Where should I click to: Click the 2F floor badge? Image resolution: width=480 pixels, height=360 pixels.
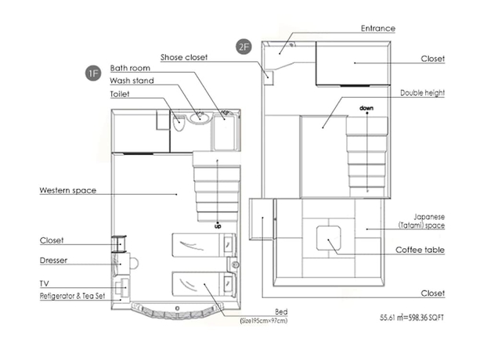(x=244, y=47)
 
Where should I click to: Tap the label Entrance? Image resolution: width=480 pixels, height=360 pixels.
(x=377, y=28)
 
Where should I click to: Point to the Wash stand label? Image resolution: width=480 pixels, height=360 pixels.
(x=132, y=81)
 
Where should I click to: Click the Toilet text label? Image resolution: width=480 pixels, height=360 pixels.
(x=121, y=94)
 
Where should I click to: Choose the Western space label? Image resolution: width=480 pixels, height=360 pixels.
(x=67, y=190)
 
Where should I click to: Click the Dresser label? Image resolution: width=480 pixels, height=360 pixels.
(x=55, y=260)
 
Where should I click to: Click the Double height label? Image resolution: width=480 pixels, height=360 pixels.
(x=422, y=92)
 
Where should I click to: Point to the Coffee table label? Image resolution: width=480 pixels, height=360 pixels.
(x=421, y=250)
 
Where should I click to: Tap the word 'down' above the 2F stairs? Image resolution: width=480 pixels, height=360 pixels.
(x=366, y=108)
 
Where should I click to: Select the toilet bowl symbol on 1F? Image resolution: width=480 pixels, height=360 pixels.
(x=179, y=122)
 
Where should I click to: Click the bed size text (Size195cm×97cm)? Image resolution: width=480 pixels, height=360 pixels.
(x=264, y=320)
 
